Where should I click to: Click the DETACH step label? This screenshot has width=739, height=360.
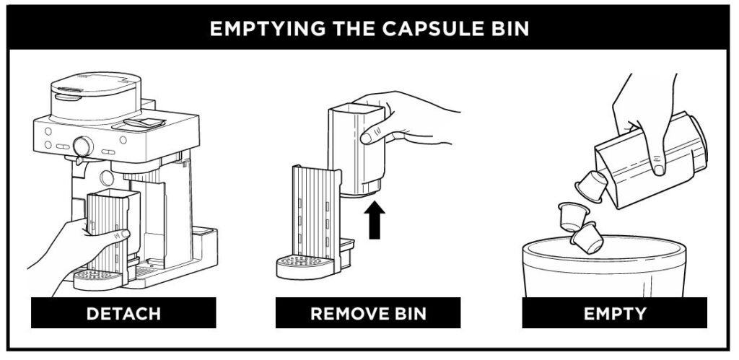(x=123, y=313)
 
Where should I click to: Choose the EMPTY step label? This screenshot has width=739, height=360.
(x=614, y=313)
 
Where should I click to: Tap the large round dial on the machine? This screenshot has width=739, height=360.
(x=83, y=146)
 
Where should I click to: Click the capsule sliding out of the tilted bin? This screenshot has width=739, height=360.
(x=591, y=185)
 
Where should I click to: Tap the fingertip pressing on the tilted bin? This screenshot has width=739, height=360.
(x=658, y=169)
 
